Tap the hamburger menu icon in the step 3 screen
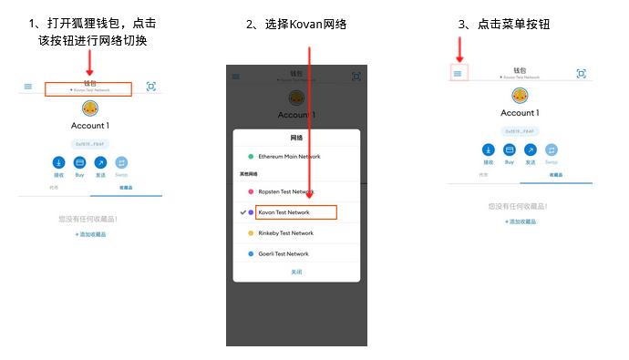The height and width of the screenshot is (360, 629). coord(458,73)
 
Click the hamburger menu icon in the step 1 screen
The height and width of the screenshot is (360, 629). coord(28,87)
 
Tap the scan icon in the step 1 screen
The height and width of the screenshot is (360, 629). coord(151,87)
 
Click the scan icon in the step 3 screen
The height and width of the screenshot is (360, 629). coord(581,73)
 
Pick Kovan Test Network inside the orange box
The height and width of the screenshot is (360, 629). coord(284,212)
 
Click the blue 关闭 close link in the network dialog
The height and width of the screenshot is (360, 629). coord(296,272)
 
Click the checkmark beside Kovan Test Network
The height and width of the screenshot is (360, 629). coord(242,212)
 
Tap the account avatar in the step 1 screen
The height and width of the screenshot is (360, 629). coord(90,108)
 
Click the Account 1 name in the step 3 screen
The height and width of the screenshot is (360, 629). coord(520,113)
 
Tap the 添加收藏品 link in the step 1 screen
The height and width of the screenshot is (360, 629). coord(90,234)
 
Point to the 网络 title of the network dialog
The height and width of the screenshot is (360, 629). coord(296,138)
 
